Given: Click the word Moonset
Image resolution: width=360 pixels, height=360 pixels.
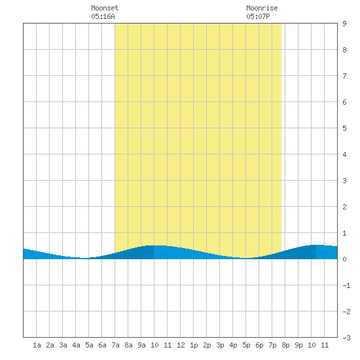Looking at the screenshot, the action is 105,8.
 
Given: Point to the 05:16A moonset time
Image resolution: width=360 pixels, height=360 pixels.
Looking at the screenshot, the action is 103,16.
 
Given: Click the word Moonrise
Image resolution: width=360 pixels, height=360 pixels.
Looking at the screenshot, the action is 262,8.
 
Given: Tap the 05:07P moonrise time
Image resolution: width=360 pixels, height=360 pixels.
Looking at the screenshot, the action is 258,16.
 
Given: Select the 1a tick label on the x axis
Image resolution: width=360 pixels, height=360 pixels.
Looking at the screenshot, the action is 37,345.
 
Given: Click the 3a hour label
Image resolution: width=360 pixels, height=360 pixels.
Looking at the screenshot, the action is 63,345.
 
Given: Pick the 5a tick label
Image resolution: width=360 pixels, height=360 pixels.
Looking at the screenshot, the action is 89,345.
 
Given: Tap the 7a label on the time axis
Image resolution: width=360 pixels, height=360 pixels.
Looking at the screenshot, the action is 115,345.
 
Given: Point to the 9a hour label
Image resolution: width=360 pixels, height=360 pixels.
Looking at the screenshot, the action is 141,345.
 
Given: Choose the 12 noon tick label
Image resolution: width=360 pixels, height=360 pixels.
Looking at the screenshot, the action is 181,345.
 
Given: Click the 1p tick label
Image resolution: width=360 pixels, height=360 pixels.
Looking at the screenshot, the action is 194,345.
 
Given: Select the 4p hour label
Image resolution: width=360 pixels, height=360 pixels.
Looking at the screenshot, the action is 233,345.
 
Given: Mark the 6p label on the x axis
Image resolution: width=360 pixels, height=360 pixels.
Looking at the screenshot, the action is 259,345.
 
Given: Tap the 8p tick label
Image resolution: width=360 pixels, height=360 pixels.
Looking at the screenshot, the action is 285,345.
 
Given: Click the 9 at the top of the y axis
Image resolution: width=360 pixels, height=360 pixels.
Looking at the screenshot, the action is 344,24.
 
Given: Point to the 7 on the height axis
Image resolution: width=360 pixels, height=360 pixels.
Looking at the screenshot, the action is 344,76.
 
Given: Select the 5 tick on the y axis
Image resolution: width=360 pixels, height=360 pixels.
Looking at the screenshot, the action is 344,128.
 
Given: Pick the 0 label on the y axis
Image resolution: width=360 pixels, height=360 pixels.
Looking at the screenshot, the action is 344,259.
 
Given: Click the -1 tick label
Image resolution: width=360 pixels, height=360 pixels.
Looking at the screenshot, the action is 346,285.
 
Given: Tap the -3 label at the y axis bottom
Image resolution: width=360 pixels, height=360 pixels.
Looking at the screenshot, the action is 346,338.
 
